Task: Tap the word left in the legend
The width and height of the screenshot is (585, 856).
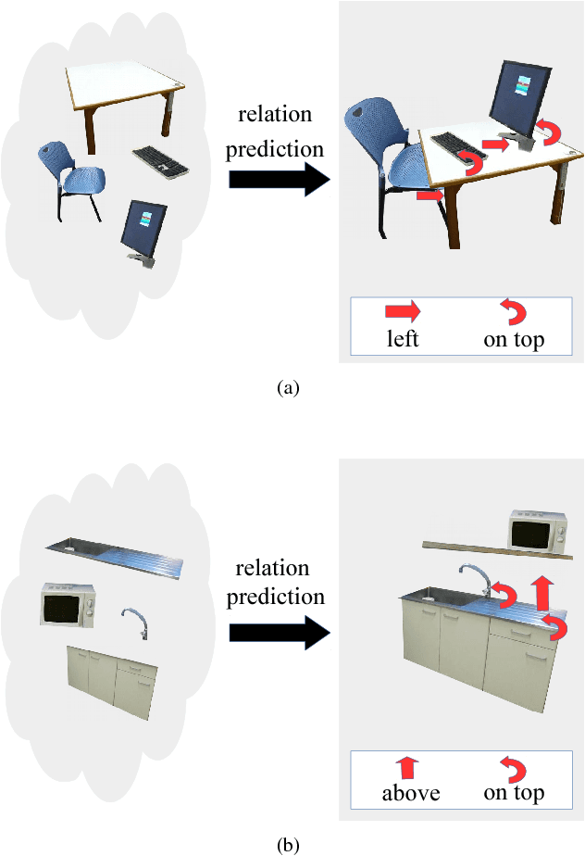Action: click(403, 339)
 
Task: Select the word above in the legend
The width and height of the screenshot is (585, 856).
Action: click(410, 793)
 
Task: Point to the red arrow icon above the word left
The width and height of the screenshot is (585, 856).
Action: click(403, 312)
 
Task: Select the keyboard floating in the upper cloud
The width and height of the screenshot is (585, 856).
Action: click(160, 161)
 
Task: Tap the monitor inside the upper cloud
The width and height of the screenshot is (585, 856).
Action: click(143, 229)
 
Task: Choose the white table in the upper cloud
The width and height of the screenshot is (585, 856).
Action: click(127, 93)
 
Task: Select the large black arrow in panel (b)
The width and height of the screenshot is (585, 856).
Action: click(279, 633)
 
